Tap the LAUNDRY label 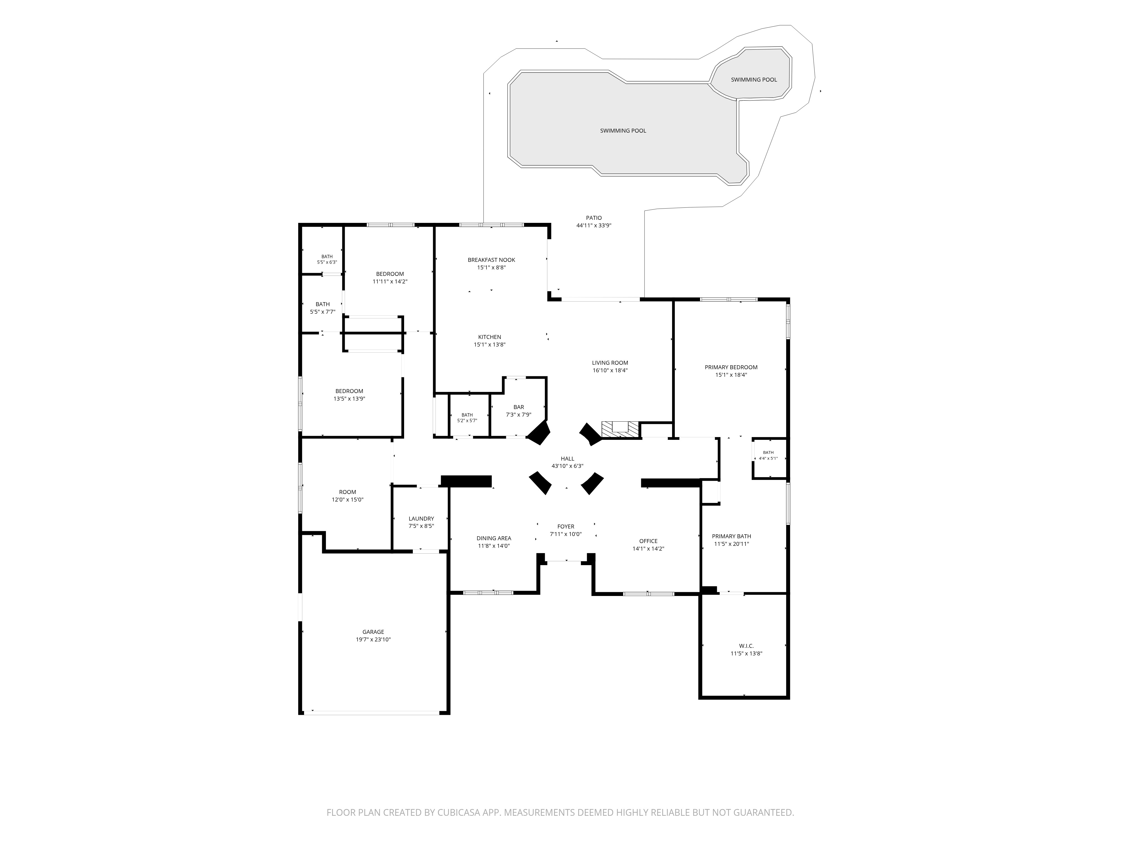[421, 519]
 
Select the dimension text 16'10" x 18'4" [610, 370]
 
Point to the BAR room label [518, 407]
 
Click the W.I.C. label [746, 646]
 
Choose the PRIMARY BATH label [731, 536]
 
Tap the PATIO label [594, 218]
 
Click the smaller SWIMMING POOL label [754, 80]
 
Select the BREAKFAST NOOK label [491, 260]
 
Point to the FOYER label [566, 527]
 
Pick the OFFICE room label [648, 541]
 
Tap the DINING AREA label [494, 538]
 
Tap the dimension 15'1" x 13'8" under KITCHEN [490, 345]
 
